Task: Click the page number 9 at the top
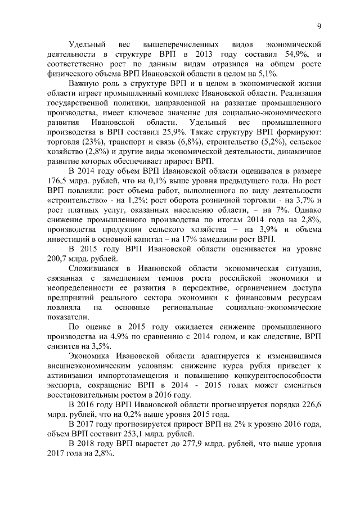click(x=318, y=26)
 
